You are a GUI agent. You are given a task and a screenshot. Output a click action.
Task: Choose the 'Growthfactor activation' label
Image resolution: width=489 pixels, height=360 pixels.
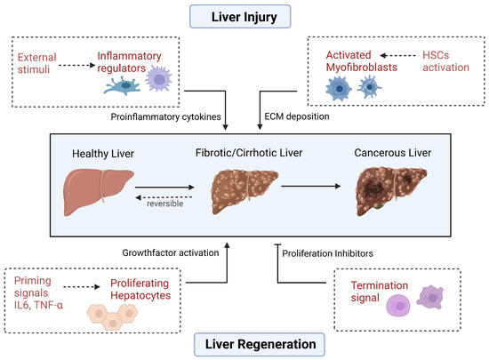click(x=172, y=254)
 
